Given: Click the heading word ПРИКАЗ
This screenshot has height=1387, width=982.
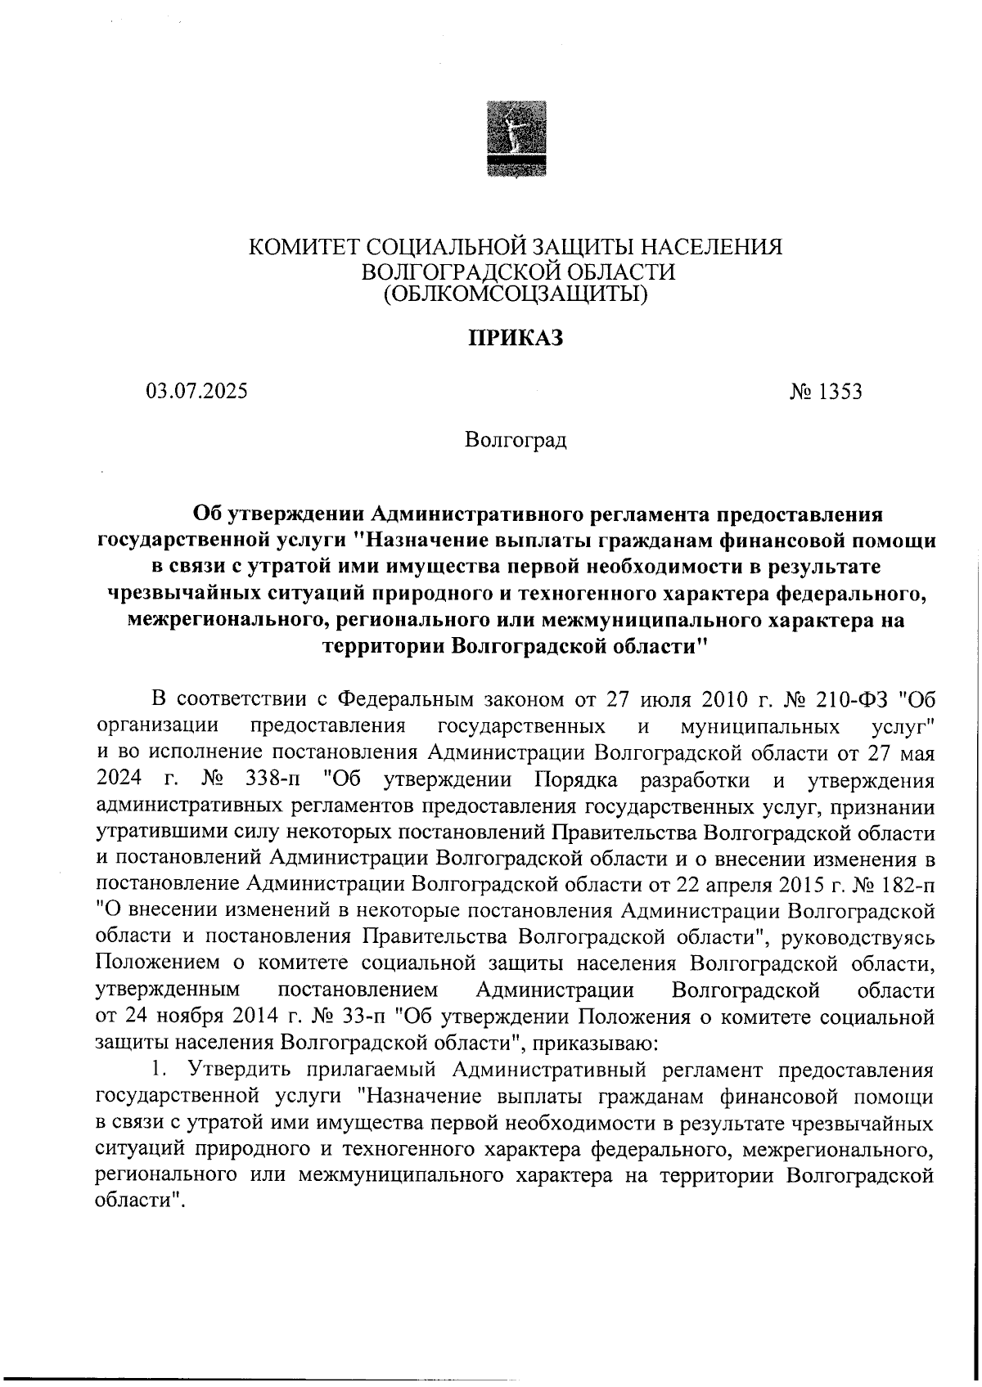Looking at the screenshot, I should [x=515, y=338].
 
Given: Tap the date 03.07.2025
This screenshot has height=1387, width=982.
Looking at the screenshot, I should [x=196, y=391].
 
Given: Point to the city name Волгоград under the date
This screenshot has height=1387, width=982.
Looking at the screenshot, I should [x=515, y=442].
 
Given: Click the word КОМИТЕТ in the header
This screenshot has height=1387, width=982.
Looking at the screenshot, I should [x=304, y=246].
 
